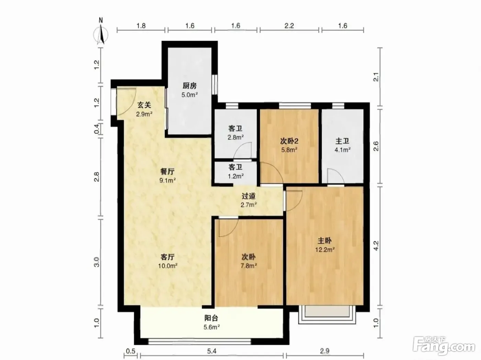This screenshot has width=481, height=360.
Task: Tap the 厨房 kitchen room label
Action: pyautogui.click(x=190, y=86)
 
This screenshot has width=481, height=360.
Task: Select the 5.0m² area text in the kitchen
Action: pyautogui.click(x=190, y=95)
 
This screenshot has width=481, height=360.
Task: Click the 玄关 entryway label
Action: pyautogui.click(x=144, y=105)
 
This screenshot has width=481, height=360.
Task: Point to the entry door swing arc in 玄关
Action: pyautogui.click(x=132, y=105)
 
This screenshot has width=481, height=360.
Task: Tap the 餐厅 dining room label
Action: pyautogui.click(x=167, y=172)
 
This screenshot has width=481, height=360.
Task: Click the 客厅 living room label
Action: pyautogui.click(x=168, y=257)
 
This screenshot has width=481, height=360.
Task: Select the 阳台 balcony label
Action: pyautogui.click(x=211, y=318)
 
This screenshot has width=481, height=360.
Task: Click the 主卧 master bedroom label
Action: pyautogui.click(x=325, y=240)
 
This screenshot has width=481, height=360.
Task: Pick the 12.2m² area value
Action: pyautogui.click(x=325, y=250)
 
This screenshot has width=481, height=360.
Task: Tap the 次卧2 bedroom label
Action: pyautogui.click(x=289, y=141)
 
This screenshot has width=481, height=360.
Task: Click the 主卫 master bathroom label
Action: pyautogui.click(x=342, y=141)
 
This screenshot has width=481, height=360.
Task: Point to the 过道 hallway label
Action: pyautogui.click(x=248, y=196)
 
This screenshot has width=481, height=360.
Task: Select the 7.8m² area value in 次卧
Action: pyautogui.click(x=249, y=266)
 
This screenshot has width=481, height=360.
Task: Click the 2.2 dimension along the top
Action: pyautogui.click(x=289, y=26)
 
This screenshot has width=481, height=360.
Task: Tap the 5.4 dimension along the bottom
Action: pyautogui.click(x=212, y=351)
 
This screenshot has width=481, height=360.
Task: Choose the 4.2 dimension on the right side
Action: pyautogui.click(x=376, y=246)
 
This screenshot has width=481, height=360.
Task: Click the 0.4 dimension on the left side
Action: pyautogui.click(x=97, y=129)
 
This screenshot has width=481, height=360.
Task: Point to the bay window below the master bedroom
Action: pyautogui.click(x=327, y=315)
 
